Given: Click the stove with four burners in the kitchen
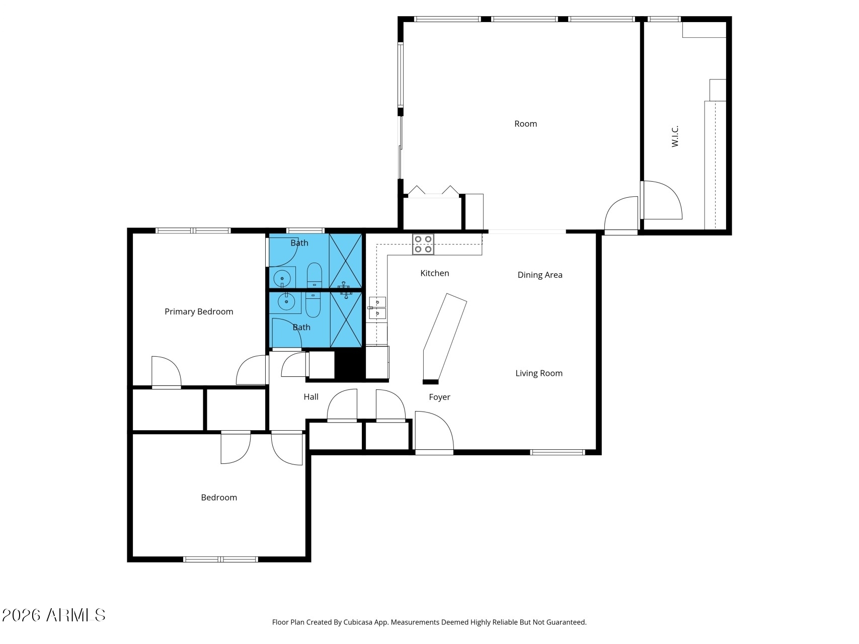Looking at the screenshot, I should [423, 244].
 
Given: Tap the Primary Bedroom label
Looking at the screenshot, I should [199, 311].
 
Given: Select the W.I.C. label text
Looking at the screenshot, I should [675, 136].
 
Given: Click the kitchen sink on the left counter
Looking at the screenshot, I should [377, 308].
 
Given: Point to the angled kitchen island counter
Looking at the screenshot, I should [445, 338].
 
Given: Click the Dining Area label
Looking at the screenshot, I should [539, 275].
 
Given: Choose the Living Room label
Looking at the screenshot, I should [538, 373].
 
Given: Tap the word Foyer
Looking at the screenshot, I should [439, 397].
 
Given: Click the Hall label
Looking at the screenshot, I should [310, 396].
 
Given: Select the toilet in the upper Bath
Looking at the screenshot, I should [315, 274].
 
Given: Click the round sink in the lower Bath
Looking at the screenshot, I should [286, 302].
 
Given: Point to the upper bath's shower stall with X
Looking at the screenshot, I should [345, 261].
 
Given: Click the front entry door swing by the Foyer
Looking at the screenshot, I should [434, 431].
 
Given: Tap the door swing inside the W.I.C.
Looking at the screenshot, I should [661, 200].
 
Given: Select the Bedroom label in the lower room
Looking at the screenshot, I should [218, 497].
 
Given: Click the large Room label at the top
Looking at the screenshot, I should [525, 124].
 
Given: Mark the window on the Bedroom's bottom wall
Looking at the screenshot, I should [220, 559].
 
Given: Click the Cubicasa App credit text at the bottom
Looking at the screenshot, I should [429, 622].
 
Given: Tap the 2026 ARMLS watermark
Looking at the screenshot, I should [53, 615].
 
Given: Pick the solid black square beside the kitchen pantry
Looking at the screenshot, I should [349, 365].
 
